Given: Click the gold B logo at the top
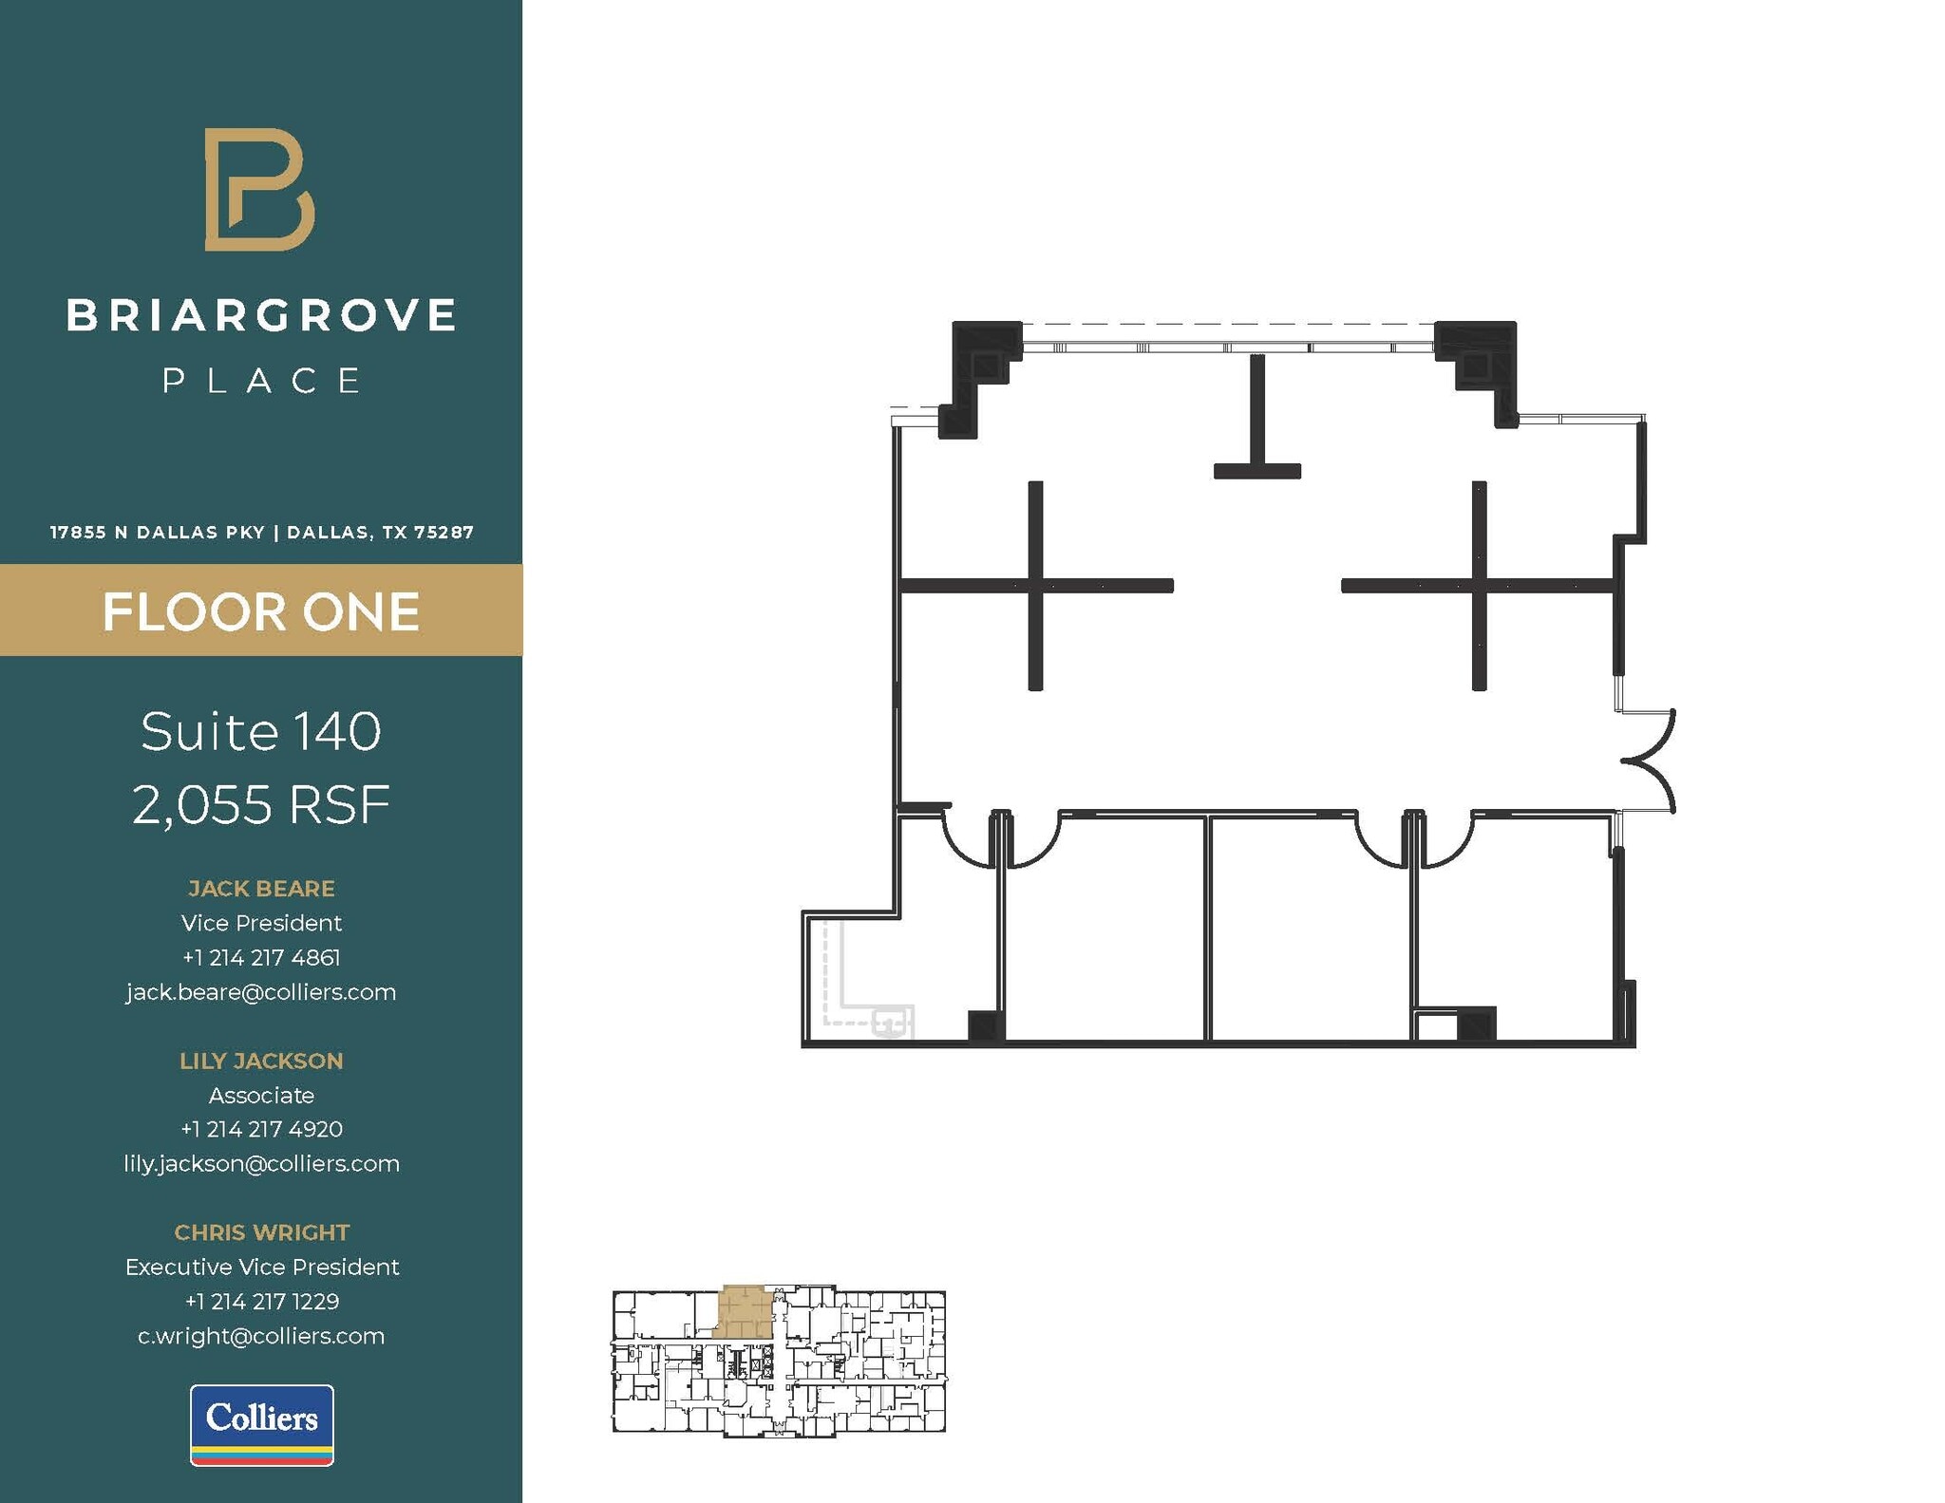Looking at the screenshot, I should (259, 189).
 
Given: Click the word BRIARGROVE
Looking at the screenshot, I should (261, 316).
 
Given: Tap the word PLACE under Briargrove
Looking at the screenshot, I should (261, 382).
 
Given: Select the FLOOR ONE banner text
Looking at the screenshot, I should (261, 611).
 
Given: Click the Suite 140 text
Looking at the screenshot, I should (261, 731).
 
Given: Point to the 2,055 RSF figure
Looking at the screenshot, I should (261, 805).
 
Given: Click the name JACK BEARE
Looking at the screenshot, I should (261, 889).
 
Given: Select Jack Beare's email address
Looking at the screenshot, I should (261, 992).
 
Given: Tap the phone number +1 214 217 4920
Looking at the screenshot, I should (261, 1129).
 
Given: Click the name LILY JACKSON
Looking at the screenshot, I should (261, 1061).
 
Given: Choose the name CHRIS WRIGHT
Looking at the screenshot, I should (261, 1232).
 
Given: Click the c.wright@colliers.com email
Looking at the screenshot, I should (261, 1336).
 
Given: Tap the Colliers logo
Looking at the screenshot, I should (262, 1424).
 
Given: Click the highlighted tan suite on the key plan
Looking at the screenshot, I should (743, 1313).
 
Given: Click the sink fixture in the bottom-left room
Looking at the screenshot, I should (891, 1024).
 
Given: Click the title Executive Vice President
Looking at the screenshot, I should (261, 1267).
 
